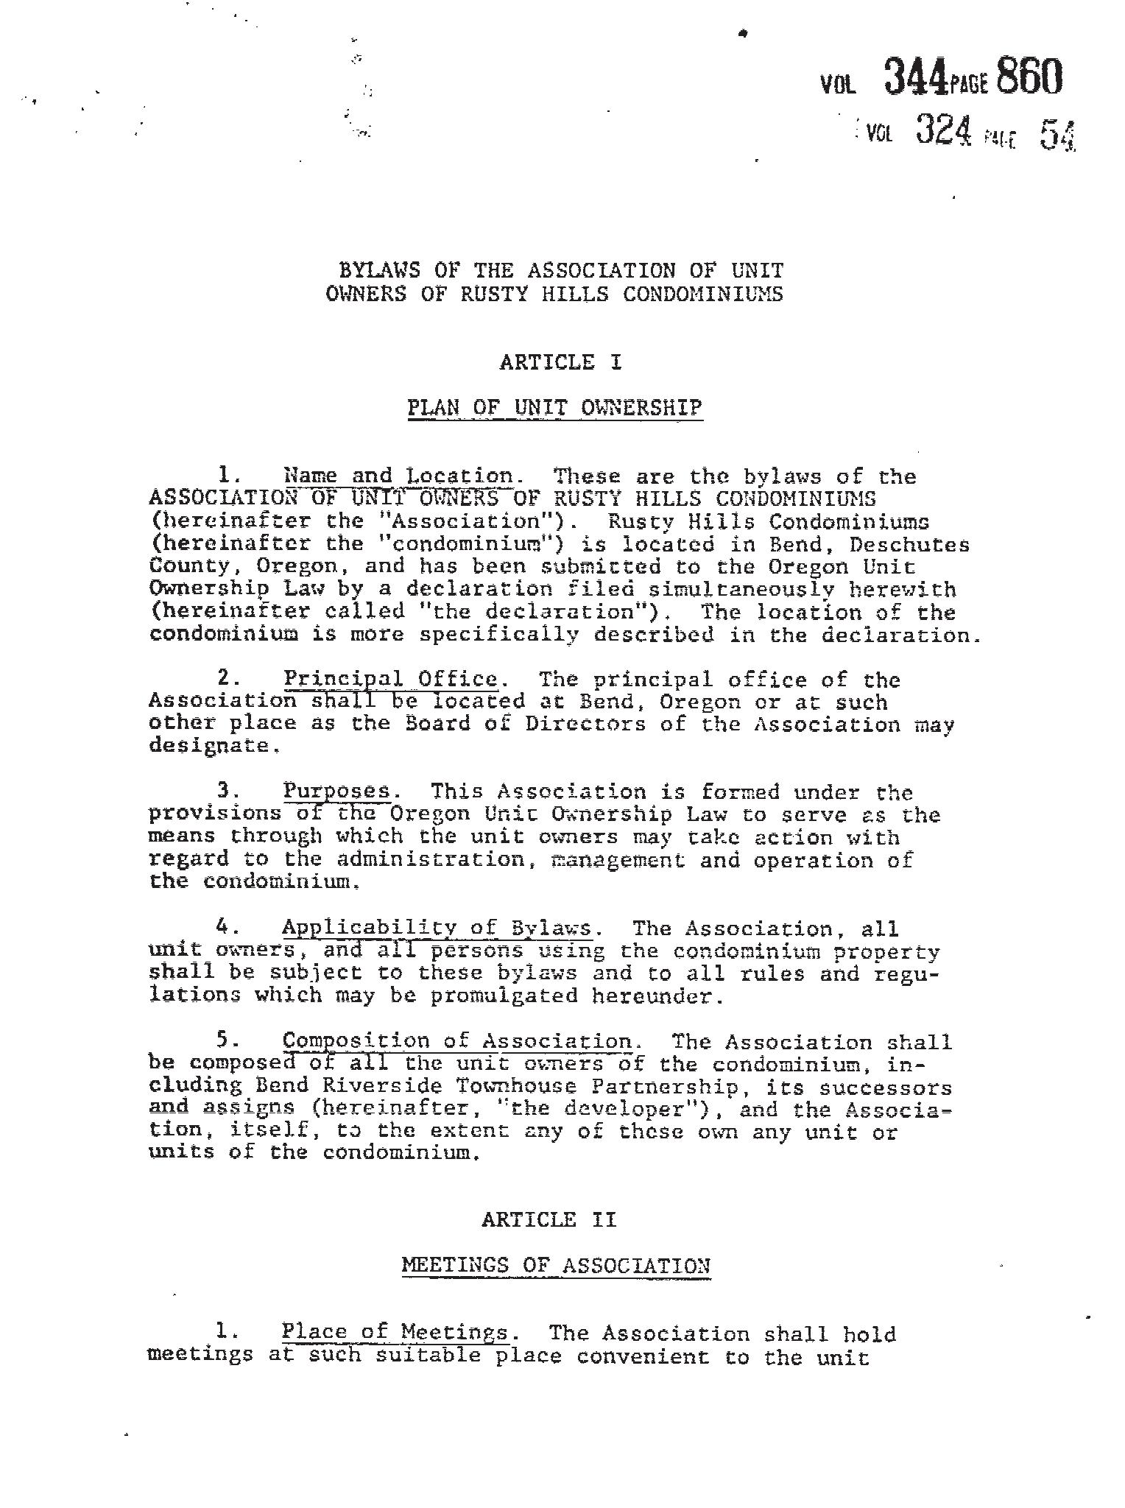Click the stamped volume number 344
(x=915, y=78)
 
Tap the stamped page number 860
(x=1029, y=77)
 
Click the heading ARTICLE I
(x=561, y=362)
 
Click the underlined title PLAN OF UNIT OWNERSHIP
(x=555, y=408)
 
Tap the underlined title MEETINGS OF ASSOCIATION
(x=556, y=1265)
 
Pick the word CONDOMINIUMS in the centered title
(x=703, y=294)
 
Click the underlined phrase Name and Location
(x=398, y=476)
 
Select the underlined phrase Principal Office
(x=391, y=679)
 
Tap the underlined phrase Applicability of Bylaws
(x=437, y=928)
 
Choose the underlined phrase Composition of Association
(x=457, y=1041)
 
